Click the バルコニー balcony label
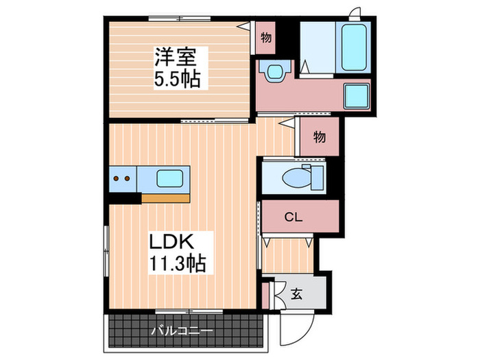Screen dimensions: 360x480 pos(182,331)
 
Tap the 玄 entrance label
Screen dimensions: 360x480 pos(296,295)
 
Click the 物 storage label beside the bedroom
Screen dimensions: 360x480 pos(265,38)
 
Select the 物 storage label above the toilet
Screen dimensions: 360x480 pos(320,137)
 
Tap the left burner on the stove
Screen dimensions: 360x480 pos(117,180)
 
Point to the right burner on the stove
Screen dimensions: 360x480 pos(127,180)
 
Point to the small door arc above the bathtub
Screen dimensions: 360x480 pos(355,14)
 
